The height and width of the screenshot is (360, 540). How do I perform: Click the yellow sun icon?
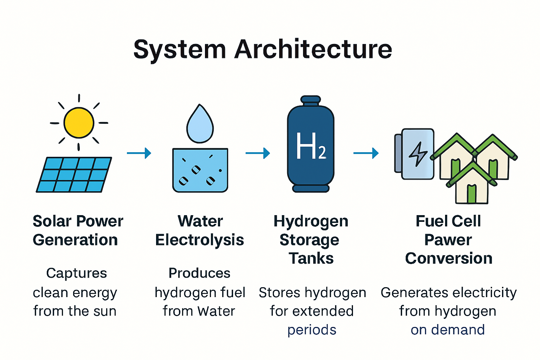click(79, 123)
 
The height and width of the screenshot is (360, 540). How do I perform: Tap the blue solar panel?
click(74, 175)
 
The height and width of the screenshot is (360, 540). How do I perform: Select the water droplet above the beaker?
click(200, 125)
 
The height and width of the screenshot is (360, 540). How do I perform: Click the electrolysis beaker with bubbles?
click(200, 171)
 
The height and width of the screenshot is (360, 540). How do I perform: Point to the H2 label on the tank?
click(311, 146)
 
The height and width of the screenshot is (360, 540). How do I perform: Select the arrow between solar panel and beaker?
click(139, 153)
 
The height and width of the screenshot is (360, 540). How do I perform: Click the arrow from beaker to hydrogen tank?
click(258, 153)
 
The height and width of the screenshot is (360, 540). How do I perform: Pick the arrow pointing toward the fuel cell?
click(366, 153)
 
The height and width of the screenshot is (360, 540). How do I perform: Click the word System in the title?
click(179, 50)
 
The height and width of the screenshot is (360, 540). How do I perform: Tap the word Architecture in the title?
click(313, 50)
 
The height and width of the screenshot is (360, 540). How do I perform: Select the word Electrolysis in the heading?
click(200, 240)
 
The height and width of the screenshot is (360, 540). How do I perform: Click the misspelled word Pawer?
click(448, 240)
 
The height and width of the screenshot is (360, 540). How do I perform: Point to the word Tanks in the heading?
click(311, 259)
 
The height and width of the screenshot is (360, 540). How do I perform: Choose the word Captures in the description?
click(77, 273)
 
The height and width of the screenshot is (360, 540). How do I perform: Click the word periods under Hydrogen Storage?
click(312, 330)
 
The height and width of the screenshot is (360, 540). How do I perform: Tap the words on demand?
click(448, 330)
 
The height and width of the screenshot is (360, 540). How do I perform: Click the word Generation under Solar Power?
click(75, 240)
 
